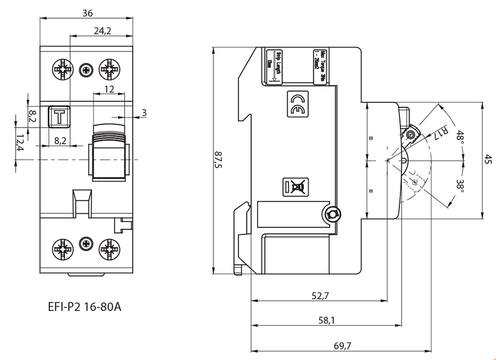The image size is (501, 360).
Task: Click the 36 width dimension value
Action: (x=87, y=13)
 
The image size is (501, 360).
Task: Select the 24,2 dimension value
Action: (x=103, y=31)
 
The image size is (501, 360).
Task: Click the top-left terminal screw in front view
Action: (x=63, y=69)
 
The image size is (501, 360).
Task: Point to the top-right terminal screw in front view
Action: (x=109, y=69)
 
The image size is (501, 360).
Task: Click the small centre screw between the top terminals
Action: (x=86, y=69)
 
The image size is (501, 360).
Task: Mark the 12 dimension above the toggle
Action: (x=109, y=89)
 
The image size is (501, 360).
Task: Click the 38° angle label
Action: (x=459, y=185)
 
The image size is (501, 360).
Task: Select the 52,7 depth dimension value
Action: (x=320, y=296)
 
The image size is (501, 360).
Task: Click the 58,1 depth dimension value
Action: (x=326, y=320)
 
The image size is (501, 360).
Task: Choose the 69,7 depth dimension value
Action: (x=342, y=345)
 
